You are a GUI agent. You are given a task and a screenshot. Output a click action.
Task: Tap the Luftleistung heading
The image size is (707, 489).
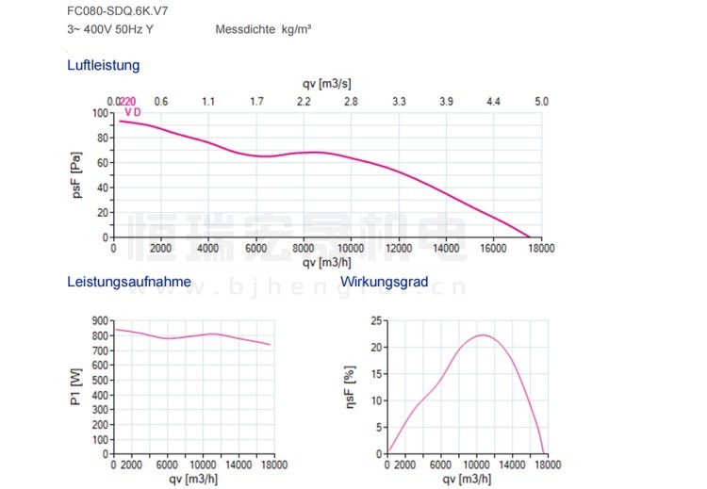[x=104, y=66]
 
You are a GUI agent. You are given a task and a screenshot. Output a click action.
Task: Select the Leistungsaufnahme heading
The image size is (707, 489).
[x=129, y=282]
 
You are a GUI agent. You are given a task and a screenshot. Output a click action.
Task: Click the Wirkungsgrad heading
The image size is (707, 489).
[x=385, y=282]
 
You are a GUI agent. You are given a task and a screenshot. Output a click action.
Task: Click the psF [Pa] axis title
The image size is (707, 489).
[x=79, y=176]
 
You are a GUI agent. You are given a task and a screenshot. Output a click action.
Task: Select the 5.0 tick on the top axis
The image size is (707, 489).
[x=541, y=101]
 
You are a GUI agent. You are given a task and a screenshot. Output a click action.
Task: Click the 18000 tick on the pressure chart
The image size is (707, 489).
[x=540, y=250]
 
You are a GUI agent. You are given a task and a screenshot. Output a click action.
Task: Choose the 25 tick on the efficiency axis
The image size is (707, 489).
[x=376, y=321]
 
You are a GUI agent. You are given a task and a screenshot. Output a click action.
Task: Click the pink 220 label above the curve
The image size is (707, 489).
[x=128, y=102]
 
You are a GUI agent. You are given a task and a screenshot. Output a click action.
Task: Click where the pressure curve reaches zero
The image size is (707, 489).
[x=530, y=237]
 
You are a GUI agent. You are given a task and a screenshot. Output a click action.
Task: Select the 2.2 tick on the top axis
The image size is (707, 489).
[x=304, y=101]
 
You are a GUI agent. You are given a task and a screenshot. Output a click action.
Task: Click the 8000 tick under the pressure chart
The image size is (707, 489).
[x=304, y=250]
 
